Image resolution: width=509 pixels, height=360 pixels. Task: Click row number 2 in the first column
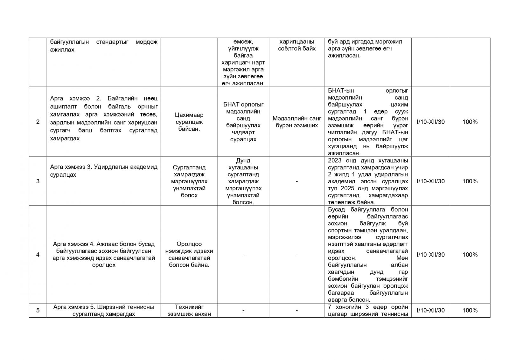pos(38,122)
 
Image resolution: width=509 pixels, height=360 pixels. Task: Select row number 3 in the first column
pos(38,181)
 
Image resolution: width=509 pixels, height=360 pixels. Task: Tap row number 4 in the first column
pos(38,255)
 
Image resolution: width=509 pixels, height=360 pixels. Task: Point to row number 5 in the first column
pos(38,310)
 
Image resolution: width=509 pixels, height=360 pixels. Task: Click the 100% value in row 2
pos(470,122)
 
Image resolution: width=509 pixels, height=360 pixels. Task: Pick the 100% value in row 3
pos(470,181)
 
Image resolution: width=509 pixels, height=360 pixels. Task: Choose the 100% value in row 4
pos(470,255)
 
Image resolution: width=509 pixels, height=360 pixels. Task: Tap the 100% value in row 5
pos(470,310)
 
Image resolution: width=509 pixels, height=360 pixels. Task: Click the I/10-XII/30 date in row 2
pos(431,122)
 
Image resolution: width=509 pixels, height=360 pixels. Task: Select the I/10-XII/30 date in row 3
pos(431,181)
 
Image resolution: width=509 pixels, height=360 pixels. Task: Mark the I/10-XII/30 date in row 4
pos(431,255)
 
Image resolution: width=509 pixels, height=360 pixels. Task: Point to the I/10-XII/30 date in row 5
pos(431,310)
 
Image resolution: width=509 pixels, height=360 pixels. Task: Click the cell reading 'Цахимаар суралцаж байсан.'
pos(189,122)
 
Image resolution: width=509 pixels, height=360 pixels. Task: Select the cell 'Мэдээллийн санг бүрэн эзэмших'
pos(296,122)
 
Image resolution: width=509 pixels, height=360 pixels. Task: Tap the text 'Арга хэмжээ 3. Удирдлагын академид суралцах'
pos(104,171)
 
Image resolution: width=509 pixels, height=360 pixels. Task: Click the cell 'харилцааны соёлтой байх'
pos(296,45)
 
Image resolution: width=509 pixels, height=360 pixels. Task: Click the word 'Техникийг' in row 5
pos(189,307)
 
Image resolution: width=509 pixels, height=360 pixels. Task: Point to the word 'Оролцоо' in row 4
pos(189,244)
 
